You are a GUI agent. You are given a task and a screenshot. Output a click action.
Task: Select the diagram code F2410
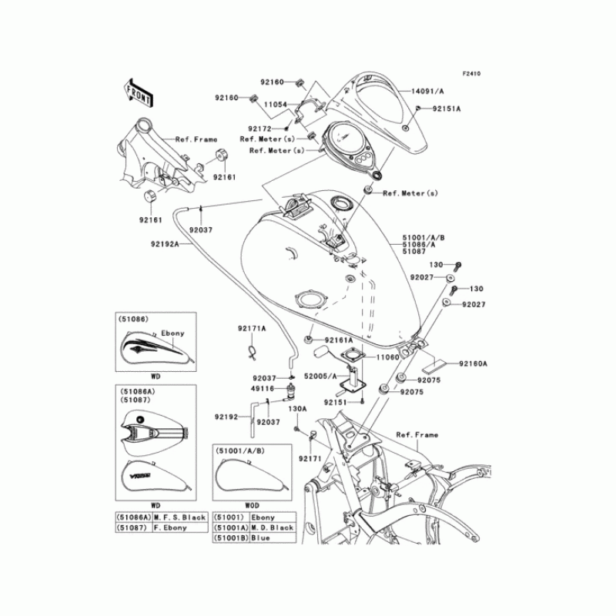471,74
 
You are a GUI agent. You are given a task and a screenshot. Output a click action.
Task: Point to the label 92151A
446,109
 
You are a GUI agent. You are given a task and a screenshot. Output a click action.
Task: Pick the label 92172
261,128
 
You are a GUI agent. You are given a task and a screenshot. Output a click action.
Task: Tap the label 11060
388,359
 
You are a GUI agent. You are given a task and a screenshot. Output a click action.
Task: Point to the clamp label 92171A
252,329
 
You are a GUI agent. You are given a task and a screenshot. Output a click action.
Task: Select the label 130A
298,408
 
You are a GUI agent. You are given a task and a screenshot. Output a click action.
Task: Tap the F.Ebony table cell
182,527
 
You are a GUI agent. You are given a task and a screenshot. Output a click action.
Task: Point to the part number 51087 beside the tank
413,252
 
